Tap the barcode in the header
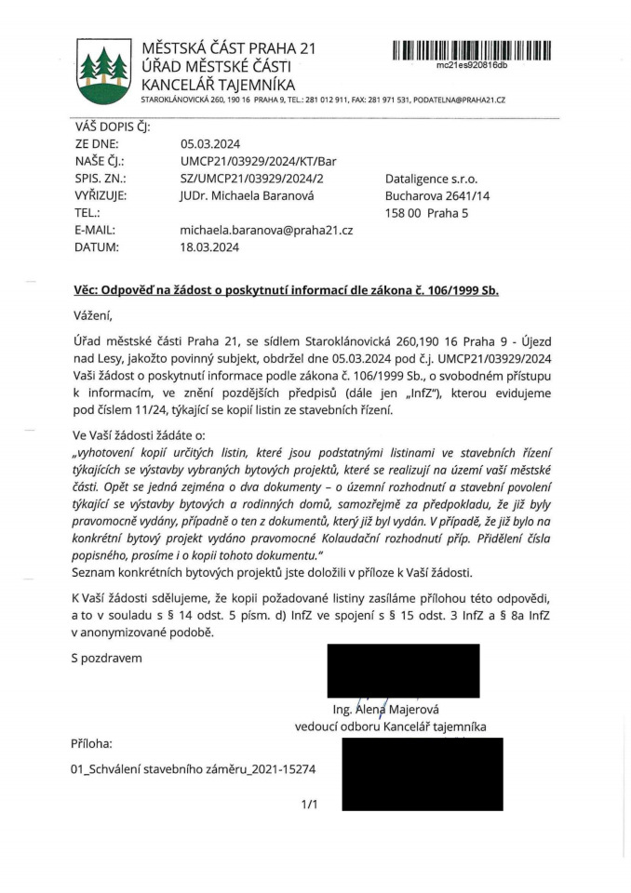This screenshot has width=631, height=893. point(472,49)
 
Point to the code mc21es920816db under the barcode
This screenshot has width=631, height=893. point(472,65)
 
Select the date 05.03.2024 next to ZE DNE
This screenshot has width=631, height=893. point(210,144)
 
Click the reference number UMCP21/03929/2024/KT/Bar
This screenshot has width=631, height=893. point(258,161)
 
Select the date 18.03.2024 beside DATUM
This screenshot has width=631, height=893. point(210,247)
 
